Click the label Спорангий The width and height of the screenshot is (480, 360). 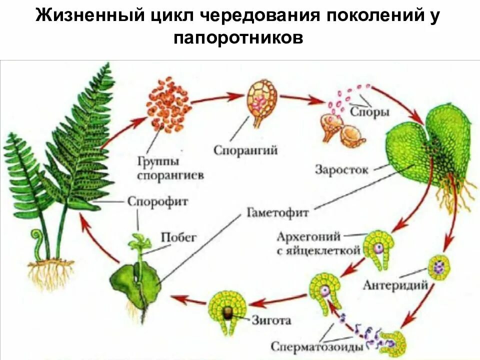pyautogui.click(x=245, y=149)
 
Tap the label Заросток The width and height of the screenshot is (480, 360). pyautogui.click(x=341, y=169)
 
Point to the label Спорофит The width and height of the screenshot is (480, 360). pyautogui.click(x=157, y=202)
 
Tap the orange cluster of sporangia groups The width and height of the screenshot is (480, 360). pyautogui.click(x=168, y=104)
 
